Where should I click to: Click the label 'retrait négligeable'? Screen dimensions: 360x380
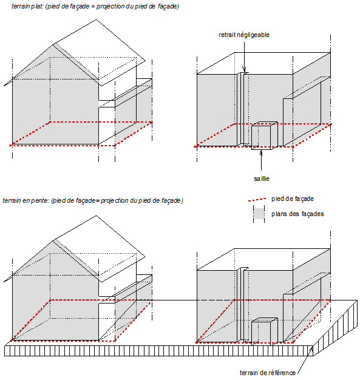click(244, 35)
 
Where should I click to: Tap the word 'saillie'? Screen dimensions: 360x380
click(262, 178)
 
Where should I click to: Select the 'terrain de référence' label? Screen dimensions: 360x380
click(267, 373)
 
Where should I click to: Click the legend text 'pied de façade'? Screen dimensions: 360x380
click(293, 199)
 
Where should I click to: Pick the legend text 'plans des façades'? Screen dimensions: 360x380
click(297, 214)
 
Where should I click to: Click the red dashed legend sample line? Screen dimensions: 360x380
click(257, 200)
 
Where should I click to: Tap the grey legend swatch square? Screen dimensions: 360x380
click(259, 214)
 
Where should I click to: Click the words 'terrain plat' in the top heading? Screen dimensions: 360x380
click(27, 6)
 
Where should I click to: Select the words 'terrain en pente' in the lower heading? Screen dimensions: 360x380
click(26, 201)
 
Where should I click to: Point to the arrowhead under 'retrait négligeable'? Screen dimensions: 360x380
click(244, 69)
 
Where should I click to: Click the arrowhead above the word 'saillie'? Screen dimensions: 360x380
click(261, 153)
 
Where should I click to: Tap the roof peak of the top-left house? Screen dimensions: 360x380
click(97, 19)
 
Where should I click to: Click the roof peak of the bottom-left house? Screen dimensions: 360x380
click(97, 215)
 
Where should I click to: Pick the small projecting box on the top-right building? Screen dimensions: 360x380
click(264, 135)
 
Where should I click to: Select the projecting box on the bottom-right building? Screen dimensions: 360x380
click(264, 331)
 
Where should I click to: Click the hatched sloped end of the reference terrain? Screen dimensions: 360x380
click(335, 328)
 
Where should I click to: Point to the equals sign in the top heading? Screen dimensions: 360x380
click(93, 7)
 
